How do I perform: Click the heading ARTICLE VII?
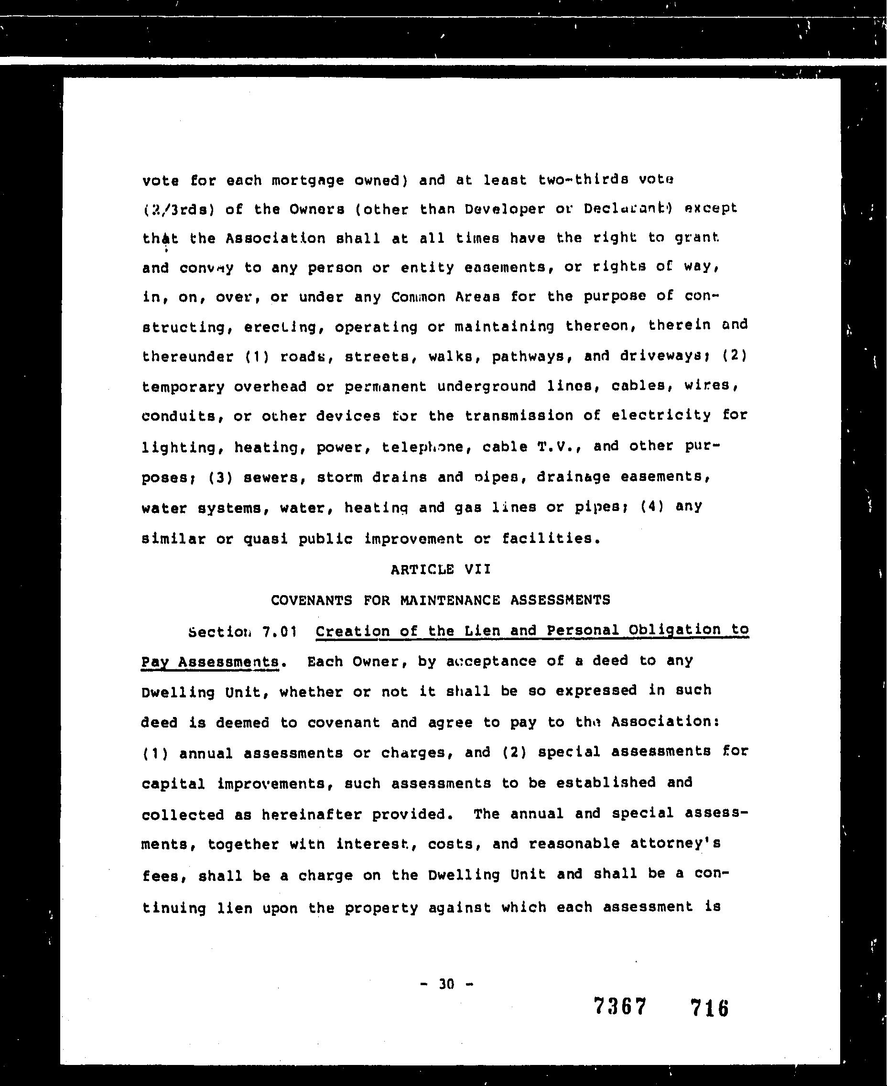(x=441, y=569)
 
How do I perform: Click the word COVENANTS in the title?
(x=311, y=600)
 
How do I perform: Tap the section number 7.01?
(x=279, y=632)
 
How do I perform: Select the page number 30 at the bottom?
(x=446, y=984)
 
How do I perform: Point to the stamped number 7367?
(x=620, y=1007)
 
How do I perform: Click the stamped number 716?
(x=709, y=1008)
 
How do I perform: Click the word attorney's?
(x=675, y=844)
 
